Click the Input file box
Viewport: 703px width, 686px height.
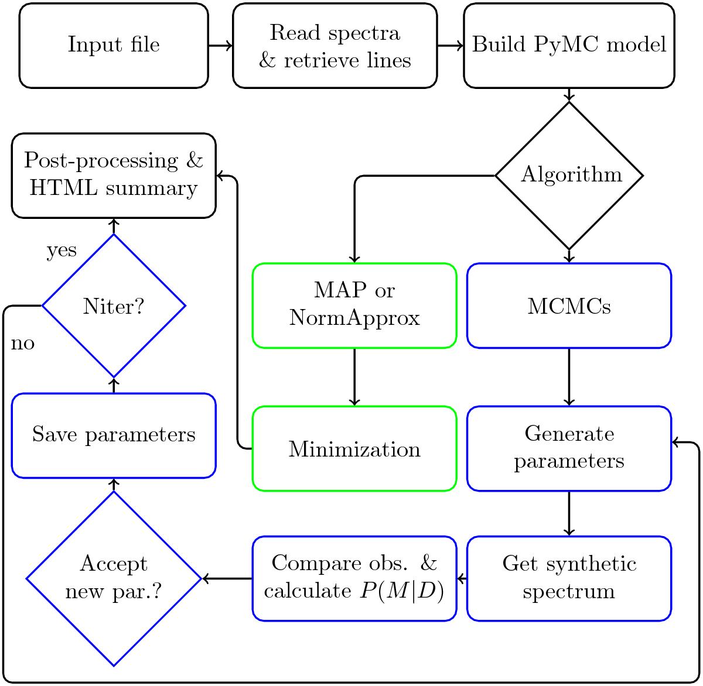114,46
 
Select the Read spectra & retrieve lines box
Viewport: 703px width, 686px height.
335,46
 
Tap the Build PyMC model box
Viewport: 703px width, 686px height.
569,46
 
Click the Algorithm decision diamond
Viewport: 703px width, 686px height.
569,175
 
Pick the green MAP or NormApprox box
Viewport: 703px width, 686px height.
354,305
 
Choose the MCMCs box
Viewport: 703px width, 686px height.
569,305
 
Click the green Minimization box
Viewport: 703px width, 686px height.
354,449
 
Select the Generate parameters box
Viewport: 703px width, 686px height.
569,448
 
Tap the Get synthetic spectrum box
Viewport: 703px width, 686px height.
569,578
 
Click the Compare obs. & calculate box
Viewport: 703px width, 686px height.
354,578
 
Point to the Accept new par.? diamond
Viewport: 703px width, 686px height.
114,578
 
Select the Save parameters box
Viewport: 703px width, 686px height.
114,435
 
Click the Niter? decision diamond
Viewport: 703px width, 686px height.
114,305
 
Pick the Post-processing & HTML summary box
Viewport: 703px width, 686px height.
114,175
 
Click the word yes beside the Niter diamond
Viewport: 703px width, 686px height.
62,250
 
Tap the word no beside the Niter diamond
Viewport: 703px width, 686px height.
23,344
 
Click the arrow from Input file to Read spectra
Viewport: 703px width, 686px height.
220,46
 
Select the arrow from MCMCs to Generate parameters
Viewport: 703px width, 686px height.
569,377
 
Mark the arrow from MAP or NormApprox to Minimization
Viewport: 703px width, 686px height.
354,377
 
